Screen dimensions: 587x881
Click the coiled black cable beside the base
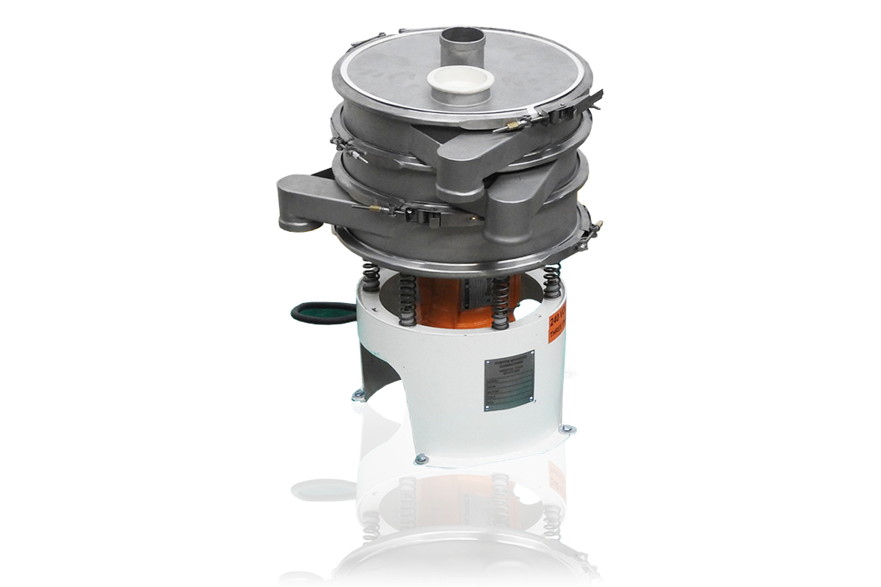[320, 313]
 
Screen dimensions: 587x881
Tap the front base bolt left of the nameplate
[421, 459]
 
